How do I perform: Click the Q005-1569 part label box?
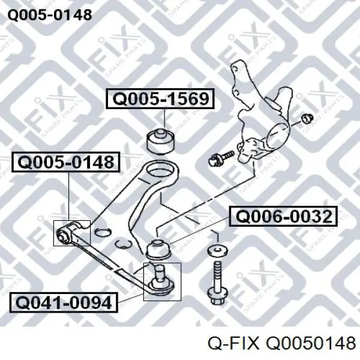(x=160, y=98)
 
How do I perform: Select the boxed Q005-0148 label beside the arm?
(x=66, y=162)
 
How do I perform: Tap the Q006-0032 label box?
(x=283, y=216)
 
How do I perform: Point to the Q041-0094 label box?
(x=64, y=302)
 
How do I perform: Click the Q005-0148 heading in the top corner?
(x=50, y=15)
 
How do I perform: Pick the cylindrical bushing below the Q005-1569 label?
(x=160, y=142)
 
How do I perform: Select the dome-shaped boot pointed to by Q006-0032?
(x=158, y=250)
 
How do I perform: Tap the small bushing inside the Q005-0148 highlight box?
(x=64, y=235)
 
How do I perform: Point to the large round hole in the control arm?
(x=160, y=172)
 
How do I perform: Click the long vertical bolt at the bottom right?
(x=217, y=284)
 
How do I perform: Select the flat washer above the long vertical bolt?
(x=217, y=250)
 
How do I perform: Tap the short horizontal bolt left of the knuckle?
(x=221, y=158)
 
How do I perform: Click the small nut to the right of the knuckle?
(x=307, y=118)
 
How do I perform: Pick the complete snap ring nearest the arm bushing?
(x=103, y=232)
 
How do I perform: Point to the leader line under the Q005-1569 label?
(x=165, y=118)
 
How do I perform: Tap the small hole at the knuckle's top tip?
(x=235, y=68)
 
